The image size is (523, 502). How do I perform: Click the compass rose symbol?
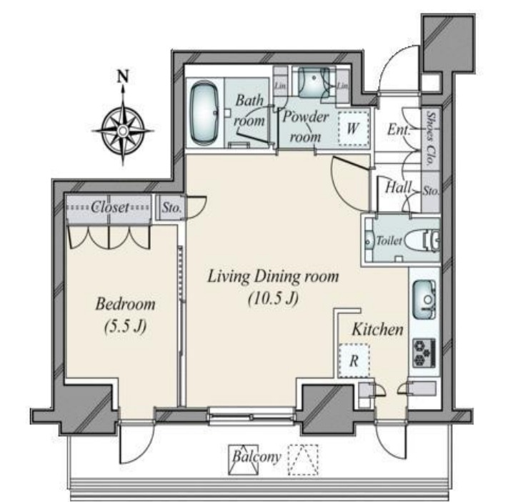pos(123,130)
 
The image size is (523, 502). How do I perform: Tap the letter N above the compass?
pos(124,77)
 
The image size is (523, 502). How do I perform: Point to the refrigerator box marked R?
pos(354,360)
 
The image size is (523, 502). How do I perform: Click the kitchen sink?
pos(424,300)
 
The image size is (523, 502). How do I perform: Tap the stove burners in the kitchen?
pos(424,353)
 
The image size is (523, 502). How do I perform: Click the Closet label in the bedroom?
pos(110,207)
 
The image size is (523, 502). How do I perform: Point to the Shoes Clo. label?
pos(432,139)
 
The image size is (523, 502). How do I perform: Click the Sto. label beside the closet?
pos(171,208)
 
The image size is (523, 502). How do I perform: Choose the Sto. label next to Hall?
pos(431,191)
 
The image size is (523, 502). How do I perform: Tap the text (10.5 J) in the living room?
pos(273,299)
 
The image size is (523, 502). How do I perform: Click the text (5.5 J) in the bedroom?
pos(125,326)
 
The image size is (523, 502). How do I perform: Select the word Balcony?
pos(256,457)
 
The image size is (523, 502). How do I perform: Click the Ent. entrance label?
pos(399,129)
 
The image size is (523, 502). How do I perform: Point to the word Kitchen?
pos(377,330)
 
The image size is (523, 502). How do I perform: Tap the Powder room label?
pos(306,127)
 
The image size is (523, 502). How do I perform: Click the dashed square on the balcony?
pos(303,460)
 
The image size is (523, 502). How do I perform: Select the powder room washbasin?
pos(314,82)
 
